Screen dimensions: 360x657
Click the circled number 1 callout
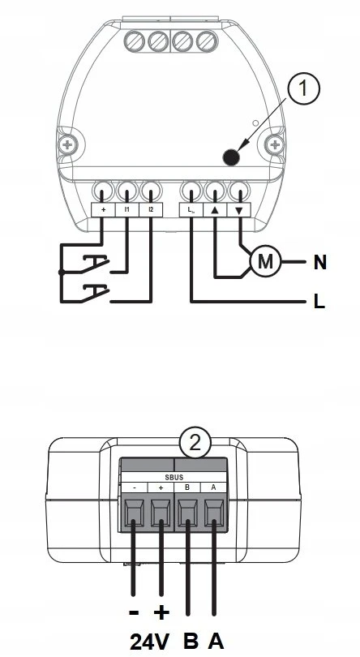pos(303,88)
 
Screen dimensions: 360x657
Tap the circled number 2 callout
pos(195,444)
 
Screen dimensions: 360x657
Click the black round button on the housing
pos(231,157)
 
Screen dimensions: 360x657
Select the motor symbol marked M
pos(265,262)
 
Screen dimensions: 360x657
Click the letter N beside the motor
pos(319,262)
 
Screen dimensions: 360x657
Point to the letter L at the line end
pos(319,302)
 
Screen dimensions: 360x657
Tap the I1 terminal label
pos(126,209)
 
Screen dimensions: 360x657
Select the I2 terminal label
pos(151,209)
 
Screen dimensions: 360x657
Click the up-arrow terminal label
pos(215,210)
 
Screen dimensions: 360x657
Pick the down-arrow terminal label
pos(239,210)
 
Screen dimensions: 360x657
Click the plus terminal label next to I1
pos(103,209)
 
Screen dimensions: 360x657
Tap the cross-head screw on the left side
pos(67,145)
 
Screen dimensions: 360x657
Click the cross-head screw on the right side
pos(275,145)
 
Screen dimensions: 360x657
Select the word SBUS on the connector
pos(174,477)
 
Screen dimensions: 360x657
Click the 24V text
pos(150,641)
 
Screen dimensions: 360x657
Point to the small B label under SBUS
pos(187,487)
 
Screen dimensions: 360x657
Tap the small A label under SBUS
pos(213,487)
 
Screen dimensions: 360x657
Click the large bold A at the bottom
pos(216,641)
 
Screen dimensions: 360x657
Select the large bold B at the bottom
pos(191,641)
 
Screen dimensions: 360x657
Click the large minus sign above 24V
pos(134,612)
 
